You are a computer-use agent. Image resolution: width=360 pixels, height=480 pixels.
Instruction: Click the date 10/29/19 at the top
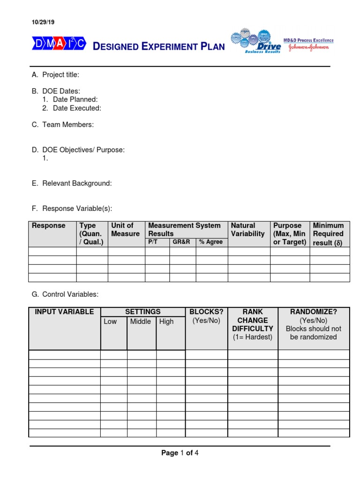coord(43,22)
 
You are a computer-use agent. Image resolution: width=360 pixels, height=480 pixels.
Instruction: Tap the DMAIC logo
coord(59,44)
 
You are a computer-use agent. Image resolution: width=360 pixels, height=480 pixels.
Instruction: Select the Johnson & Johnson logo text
coord(311,48)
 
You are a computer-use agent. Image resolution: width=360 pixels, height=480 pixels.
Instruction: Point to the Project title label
coord(61,75)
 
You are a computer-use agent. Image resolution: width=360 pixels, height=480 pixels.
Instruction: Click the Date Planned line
coord(75,99)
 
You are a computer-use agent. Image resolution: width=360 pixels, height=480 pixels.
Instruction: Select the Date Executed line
coord(77,108)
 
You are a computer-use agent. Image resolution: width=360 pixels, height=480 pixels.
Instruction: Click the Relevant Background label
coord(77,183)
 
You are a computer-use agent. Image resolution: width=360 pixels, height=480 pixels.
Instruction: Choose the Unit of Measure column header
coord(125,230)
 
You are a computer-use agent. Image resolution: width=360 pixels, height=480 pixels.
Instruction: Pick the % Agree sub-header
coord(211,242)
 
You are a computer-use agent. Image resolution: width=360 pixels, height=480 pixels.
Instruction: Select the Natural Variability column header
coord(247,230)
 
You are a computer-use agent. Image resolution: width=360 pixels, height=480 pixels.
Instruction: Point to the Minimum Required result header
coord(328,234)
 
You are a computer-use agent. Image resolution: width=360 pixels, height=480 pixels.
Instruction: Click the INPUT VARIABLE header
coord(65,312)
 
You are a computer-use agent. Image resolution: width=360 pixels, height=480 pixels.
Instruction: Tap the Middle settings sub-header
coord(141,322)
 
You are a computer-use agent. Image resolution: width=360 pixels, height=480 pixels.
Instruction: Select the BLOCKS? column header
coord(206,312)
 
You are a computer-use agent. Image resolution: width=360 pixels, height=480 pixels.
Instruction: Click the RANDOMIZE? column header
coord(313,312)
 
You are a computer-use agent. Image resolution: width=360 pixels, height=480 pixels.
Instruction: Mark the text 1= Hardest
coord(253,337)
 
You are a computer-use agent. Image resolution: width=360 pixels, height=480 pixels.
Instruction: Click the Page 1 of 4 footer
coord(180,453)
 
